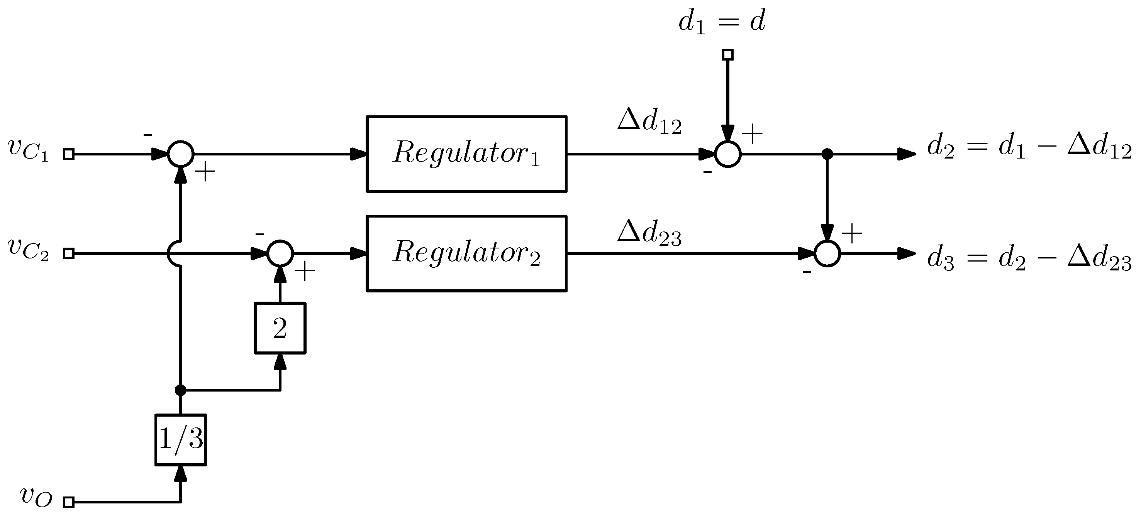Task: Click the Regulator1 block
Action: [x=466, y=154]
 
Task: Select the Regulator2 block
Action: [x=466, y=253]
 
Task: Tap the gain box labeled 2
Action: [x=280, y=328]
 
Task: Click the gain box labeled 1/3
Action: [x=181, y=440]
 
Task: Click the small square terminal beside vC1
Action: [x=69, y=154]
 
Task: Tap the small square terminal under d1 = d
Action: [x=728, y=55]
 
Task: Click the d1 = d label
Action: [x=722, y=22]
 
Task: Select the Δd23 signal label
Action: [x=649, y=233]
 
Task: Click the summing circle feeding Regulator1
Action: [x=181, y=154]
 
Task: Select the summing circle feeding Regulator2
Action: [x=280, y=253]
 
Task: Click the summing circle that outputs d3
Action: [x=827, y=253]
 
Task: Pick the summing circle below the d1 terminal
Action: [x=728, y=154]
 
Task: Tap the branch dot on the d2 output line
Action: [x=827, y=154]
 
